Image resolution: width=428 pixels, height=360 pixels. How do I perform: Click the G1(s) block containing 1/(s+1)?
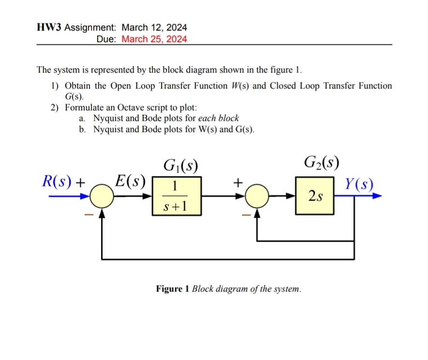coord(176,196)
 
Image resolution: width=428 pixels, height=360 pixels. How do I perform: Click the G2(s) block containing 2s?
coord(315,196)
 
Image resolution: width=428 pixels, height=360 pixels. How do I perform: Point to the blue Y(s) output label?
coord(359,184)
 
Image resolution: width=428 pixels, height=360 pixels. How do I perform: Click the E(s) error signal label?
coord(129,182)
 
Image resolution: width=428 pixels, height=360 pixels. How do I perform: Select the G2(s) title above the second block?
coord(323,161)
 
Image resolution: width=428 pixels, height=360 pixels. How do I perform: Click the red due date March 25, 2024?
coord(154,39)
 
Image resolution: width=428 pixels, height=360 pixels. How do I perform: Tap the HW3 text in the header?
coord(49,28)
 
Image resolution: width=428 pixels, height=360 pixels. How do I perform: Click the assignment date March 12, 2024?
coord(154,28)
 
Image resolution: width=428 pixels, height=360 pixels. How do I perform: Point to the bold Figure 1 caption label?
coord(173,289)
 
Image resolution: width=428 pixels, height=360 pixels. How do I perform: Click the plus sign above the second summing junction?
coord(237,183)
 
